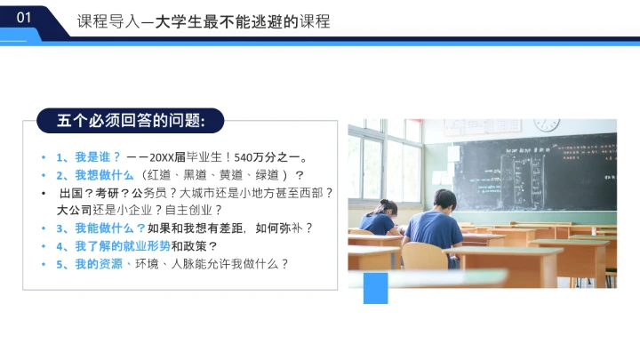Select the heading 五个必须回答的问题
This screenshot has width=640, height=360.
[131, 120]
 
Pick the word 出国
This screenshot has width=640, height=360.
[72, 192]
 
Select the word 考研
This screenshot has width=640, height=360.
[107, 192]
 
